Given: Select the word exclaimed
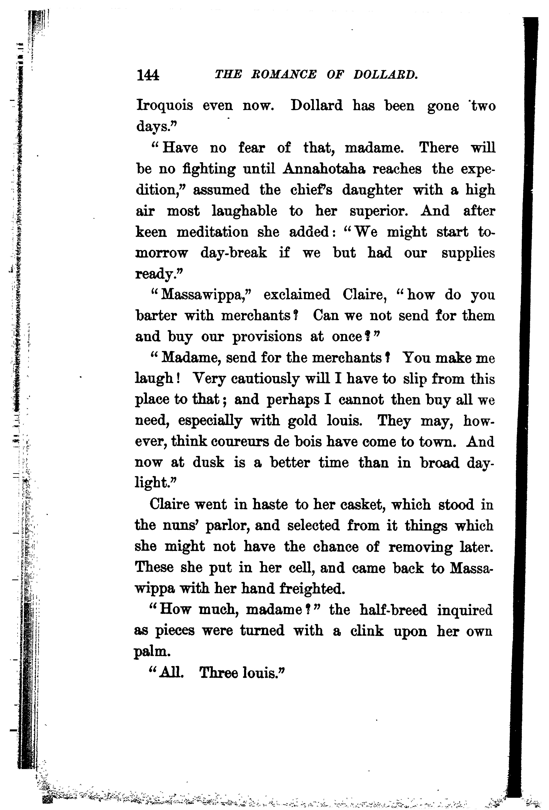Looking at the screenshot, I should (x=297, y=295).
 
